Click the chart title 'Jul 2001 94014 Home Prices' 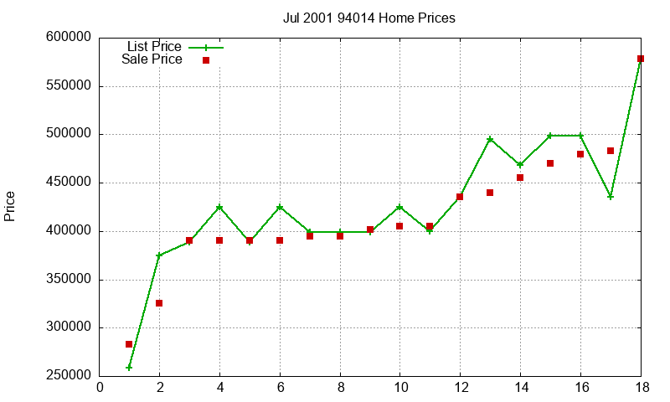(369, 18)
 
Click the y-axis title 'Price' (10, 206)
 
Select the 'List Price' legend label (153, 47)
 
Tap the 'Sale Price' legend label (152, 59)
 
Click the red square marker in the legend (206, 60)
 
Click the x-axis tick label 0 (100, 387)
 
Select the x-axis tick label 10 (399, 387)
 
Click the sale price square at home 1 (129, 344)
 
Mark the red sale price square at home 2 (159, 303)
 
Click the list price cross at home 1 (129, 368)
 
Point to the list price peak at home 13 (490, 139)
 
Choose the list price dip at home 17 (611, 197)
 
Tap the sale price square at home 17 (611, 151)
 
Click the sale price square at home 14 (520, 178)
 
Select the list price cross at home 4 (219, 207)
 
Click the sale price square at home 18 (641, 59)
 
